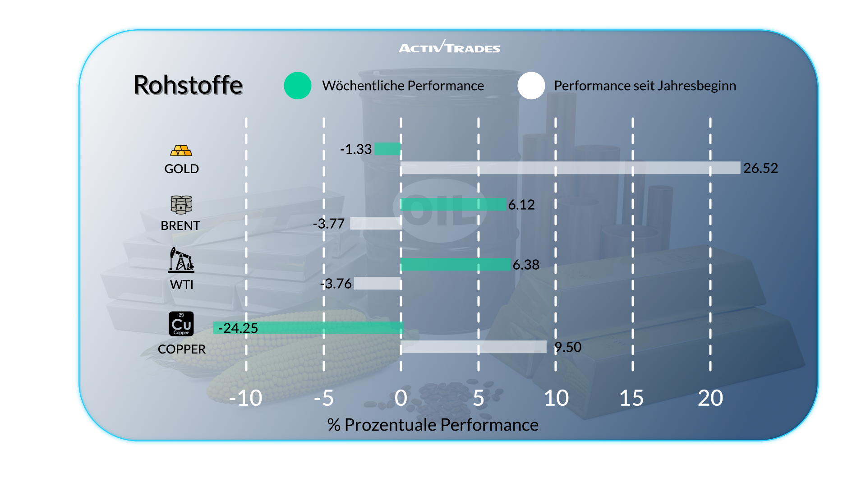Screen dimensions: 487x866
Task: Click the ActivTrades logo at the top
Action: tap(449, 47)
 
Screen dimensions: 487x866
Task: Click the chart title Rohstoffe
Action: tap(188, 85)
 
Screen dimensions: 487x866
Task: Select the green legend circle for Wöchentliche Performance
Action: tap(298, 86)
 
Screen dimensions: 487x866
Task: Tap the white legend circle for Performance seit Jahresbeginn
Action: tap(531, 86)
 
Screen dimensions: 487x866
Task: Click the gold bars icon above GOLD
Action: tap(181, 151)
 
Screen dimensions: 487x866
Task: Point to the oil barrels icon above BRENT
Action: tap(181, 205)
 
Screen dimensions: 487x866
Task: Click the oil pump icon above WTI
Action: tap(181, 260)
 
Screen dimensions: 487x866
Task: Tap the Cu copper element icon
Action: tap(181, 324)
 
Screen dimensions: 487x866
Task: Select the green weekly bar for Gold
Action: tap(387, 149)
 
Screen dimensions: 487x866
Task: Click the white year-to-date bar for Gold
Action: tap(570, 168)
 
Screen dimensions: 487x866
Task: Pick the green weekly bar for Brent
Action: tap(453, 204)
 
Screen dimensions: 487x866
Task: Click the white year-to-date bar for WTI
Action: tap(378, 283)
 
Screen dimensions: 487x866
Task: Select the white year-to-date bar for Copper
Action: tap(474, 347)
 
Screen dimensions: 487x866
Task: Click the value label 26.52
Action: tap(760, 168)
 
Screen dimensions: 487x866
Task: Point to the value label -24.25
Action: tap(238, 328)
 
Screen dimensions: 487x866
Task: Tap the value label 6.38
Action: tap(526, 265)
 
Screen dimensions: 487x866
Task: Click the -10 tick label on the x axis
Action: tap(245, 398)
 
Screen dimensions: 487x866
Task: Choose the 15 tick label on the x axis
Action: tap(631, 398)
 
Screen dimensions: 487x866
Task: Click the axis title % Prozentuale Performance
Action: tap(433, 425)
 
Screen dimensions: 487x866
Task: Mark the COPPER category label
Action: tap(182, 349)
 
